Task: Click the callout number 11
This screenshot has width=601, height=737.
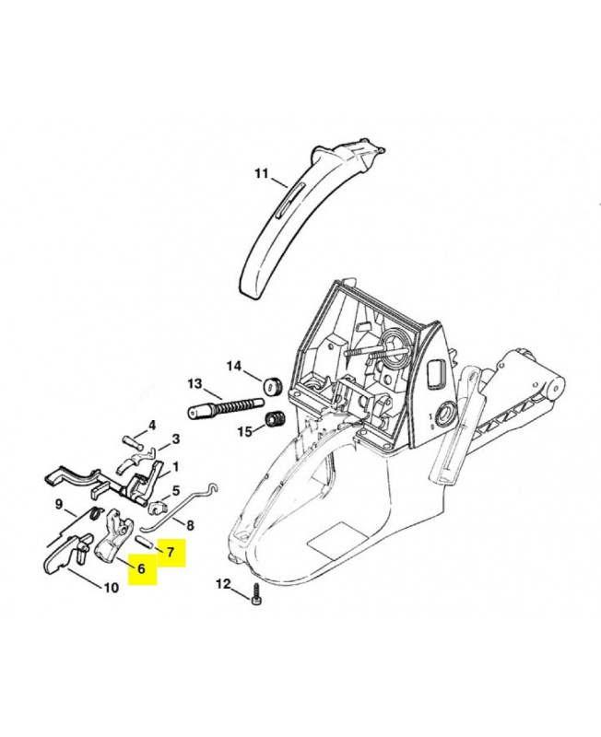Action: pyautogui.click(x=262, y=173)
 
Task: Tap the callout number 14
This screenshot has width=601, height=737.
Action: pyautogui.click(x=234, y=366)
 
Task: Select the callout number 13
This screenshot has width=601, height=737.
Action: pyautogui.click(x=194, y=384)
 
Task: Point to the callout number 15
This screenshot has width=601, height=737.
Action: pyautogui.click(x=245, y=431)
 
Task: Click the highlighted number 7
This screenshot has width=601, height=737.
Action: pyautogui.click(x=171, y=551)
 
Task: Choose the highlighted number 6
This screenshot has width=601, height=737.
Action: pyautogui.click(x=141, y=568)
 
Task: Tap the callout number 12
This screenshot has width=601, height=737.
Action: pyautogui.click(x=223, y=584)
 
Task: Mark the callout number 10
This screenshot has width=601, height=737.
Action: pyautogui.click(x=111, y=588)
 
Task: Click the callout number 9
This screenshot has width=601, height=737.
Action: pyautogui.click(x=59, y=504)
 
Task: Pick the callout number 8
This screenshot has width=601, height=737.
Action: pyautogui.click(x=191, y=525)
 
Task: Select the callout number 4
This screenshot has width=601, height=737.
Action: pyautogui.click(x=151, y=426)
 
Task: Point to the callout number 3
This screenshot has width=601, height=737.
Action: pyautogui.click(x=176, y=439)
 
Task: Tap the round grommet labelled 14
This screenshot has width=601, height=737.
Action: pyautogui.click(x=272, y=385)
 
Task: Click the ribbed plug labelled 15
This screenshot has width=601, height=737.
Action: pyautogui.click(x=273, y=418)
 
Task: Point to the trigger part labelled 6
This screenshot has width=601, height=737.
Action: pyautogui.click(x=112, y=536)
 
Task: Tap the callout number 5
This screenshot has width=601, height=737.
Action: pyautogui.click(x=176, y=491)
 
